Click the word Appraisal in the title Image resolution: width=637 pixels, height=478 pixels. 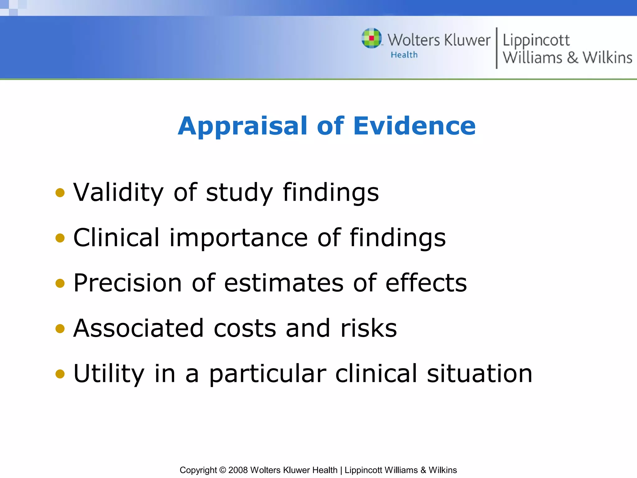click(x=243, y=126)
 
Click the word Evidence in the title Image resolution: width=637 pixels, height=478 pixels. click(x=414, y=126)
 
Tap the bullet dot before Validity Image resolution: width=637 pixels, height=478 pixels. click(x=60, y=193)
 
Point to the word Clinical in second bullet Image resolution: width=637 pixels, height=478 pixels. click(x=116, y=238)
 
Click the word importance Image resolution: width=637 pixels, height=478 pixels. click(x=239, y=238)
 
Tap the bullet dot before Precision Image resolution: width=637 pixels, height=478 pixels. click(x=60, y=283)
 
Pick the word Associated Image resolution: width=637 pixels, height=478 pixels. click(x=138, y=328)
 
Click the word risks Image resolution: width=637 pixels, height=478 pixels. click(x=369, y=328)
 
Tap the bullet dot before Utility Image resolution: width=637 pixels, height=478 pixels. click(x=60, y=374)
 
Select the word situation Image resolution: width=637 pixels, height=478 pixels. click(x=479, y=374)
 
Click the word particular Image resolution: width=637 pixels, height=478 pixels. click(x=267, y=374)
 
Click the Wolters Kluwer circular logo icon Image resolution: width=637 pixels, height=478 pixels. click(x=371, y=38)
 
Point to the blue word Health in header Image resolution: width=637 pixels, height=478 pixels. click(x=404, y=55)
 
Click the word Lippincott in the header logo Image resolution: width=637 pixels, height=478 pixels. click(x=536, y=40)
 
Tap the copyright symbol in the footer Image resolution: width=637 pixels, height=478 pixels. click(x=222, y=470)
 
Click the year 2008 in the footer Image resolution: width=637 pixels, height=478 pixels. click(x=238, y=470)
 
